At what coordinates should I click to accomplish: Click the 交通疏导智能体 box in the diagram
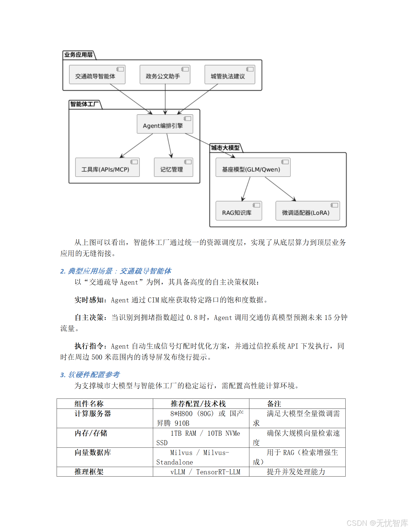click(97, 75)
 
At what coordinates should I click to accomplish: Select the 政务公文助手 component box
click(165, 75)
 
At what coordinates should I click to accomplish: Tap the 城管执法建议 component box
click(230, 75)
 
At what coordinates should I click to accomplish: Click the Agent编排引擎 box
click(165, 124)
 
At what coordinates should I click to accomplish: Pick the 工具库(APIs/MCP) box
click(107, 168)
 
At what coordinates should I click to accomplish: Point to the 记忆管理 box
click(173, 168)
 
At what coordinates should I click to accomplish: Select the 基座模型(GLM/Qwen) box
click(253, 168)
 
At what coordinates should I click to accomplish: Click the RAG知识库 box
click(239, 211)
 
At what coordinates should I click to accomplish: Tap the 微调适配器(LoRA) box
click(308, 211)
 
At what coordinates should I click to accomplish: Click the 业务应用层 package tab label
click(78, 55)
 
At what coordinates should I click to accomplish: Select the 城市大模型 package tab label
click(225, 148)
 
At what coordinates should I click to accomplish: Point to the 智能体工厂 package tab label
click(84, 104)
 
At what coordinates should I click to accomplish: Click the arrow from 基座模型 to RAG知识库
click(246, 189)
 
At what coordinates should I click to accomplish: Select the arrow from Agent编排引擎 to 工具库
click(137, 146)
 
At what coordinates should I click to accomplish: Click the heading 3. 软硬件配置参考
click(90, 375)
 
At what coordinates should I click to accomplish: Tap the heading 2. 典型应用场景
click(116, 271)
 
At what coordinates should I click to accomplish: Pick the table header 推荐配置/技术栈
click(198, 404)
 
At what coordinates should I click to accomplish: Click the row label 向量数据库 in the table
click(93, 452)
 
